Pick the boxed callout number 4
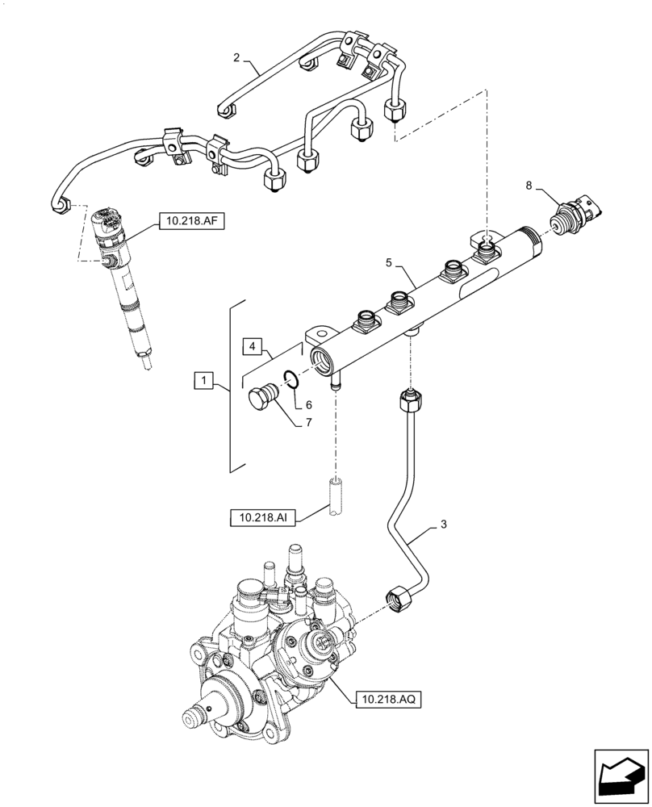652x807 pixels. (x=254, y=347)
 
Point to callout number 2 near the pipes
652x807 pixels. (x=236, y=57)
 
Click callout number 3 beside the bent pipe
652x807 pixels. (x=443, y=525)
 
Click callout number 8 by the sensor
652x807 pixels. (x=529, y=186)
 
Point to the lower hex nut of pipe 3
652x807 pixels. (x=399, y=600)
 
